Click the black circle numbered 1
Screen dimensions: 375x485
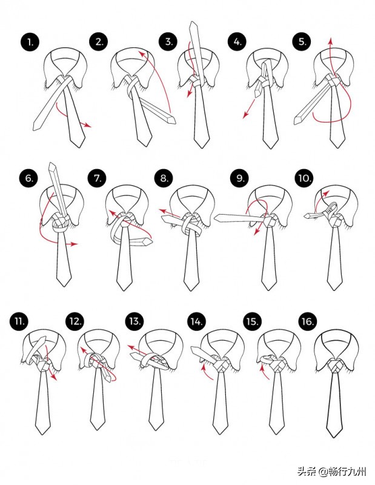click(x=30, y=42)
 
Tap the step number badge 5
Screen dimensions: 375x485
click(x=302, y=42)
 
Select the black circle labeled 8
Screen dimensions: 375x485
click(x=164, y=178)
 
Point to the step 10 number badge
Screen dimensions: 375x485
click(x=304, y=178)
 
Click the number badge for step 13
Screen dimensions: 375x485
click(x=134, y=321)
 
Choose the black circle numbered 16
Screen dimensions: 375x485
click(x=308, y=321)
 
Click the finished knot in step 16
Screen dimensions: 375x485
click(x=336, y=367)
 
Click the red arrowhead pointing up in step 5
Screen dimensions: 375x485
click(x=330, y=41)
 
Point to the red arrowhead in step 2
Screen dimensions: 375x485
click(x=142, y=54)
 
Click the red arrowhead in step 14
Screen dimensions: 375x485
click(x=204, y=367)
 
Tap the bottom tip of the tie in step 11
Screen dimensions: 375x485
click(x=42, y=434)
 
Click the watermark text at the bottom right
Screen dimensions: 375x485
click(x=332, y=472)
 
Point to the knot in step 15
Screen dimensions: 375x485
click(x=278, y=366)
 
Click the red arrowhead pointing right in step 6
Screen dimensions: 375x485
click(x=75, y=244)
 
